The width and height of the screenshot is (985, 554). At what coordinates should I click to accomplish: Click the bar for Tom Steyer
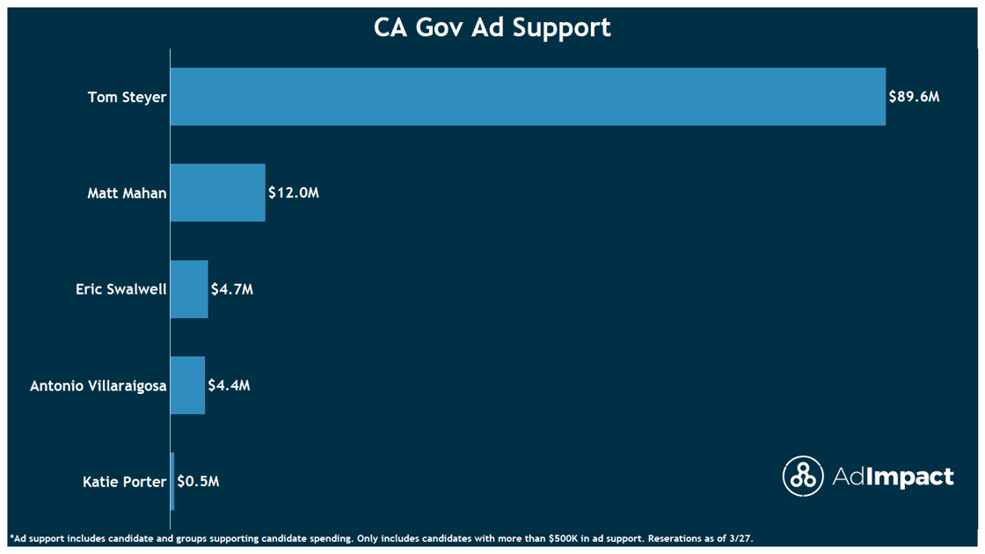(528, 97)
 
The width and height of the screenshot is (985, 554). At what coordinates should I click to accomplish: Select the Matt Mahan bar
(217, 193)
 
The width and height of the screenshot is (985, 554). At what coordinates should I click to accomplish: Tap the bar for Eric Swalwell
(189, 289)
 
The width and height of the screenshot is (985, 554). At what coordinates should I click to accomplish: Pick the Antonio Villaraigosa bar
(187, 385)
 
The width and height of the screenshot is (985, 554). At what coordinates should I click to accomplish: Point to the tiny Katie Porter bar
(172, 481)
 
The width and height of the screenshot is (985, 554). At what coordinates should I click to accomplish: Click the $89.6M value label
(914, 97)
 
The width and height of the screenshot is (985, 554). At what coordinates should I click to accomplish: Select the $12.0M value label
(294, 193)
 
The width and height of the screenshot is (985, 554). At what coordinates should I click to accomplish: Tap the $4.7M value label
(232, 289)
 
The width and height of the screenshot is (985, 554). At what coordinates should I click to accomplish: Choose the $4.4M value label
(229, 385)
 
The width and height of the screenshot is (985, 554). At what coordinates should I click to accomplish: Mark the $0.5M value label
(198, 481)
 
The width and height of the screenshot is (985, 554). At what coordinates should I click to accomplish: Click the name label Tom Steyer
(127, 97)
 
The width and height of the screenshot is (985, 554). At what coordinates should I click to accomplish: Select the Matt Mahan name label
(127, 193)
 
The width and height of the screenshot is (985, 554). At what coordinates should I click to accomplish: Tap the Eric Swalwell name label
(120, 289)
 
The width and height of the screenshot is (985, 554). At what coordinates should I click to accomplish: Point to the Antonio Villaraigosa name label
(98, 385)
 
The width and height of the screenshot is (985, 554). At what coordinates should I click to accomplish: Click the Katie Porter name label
(124, 481)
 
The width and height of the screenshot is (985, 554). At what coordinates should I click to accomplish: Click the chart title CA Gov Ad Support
(492, 27)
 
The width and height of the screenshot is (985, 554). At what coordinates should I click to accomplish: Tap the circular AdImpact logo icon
(802, 477)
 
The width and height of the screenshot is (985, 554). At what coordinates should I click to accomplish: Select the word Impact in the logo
(909, 477)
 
